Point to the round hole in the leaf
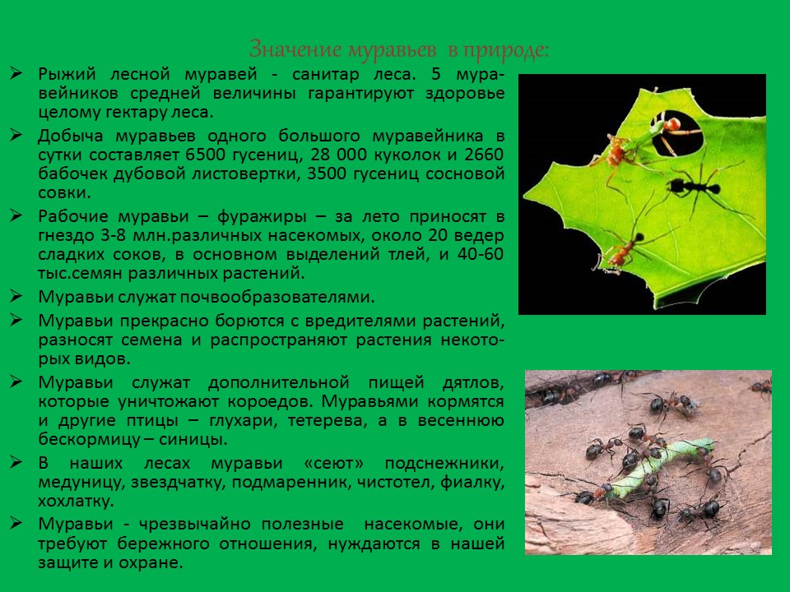click(x=680, y=136)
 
